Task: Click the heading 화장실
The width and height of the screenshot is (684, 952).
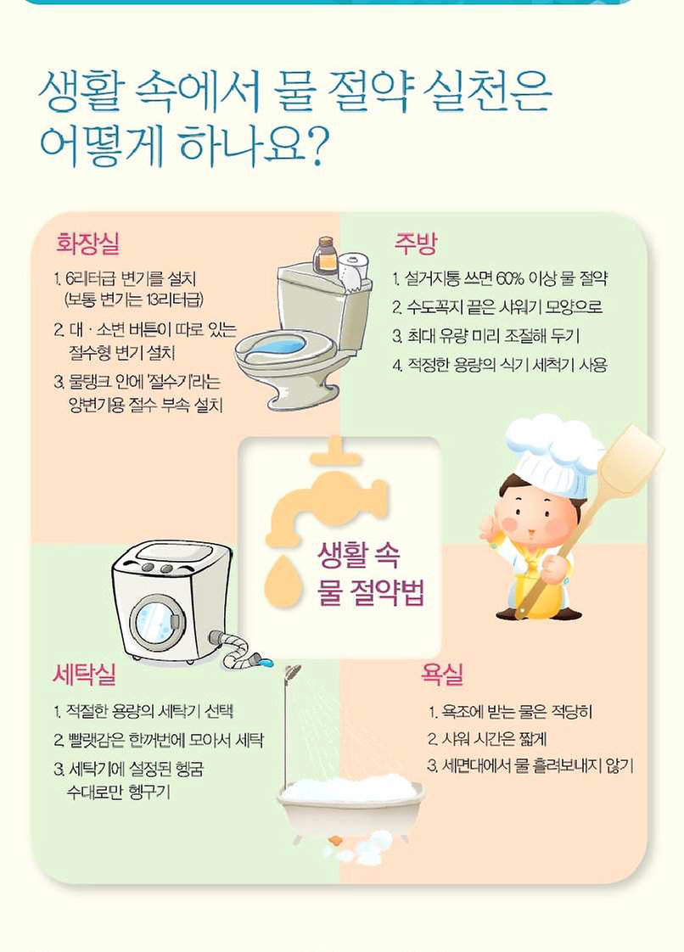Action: pos(87,244)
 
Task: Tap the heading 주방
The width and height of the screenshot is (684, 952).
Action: pos(415,244)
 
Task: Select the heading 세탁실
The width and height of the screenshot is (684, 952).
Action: pos(84,675)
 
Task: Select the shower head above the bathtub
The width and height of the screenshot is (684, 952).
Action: pos(292,673)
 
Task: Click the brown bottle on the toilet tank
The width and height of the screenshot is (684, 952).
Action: pos(325,255)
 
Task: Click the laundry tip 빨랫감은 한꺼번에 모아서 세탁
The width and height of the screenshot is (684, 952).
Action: pos(158,740)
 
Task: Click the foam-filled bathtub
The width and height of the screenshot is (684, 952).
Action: pos(350,803)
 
